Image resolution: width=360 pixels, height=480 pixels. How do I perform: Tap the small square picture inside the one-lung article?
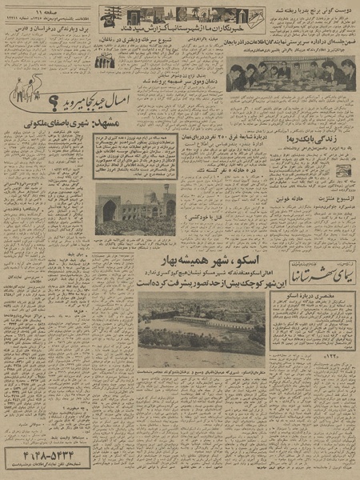342,170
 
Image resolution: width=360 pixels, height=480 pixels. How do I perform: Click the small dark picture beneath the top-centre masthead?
104,62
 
